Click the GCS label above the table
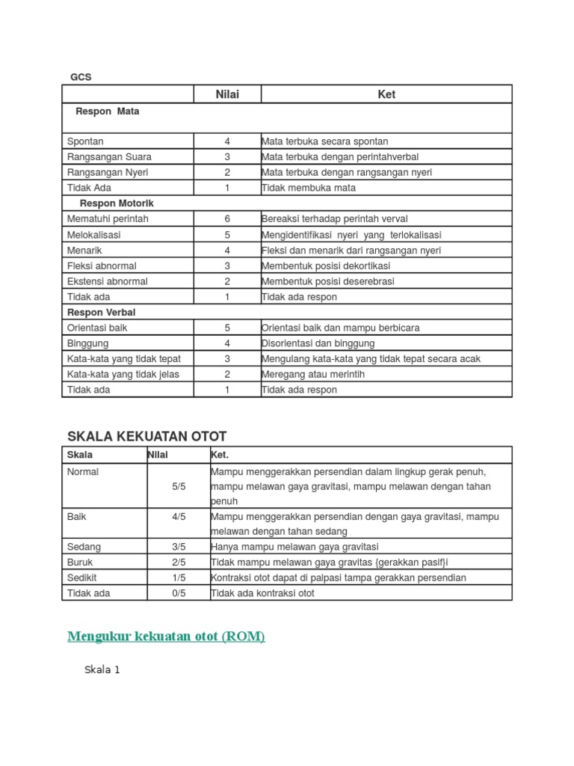(81, 77)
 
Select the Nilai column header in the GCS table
(227, 94)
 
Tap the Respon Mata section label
(107, 111)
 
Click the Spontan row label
(85, 141)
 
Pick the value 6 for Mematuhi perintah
(227, 219)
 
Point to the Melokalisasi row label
(93, 235)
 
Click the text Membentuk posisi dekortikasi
(325, 266)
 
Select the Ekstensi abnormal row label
(107, 281)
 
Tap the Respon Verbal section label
(101, 312)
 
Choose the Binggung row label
(87, 343)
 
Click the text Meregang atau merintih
(313, 374)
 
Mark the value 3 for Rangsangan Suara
(227, 157)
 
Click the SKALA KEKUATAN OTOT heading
(146, 436)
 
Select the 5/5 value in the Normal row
(179, 486)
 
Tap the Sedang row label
(84, 547)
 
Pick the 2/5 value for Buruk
(179, 563)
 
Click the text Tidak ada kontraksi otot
(262, 593)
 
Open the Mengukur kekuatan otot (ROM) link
(166, 637)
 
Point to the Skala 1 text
(102, 670)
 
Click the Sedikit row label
(83, 577)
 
